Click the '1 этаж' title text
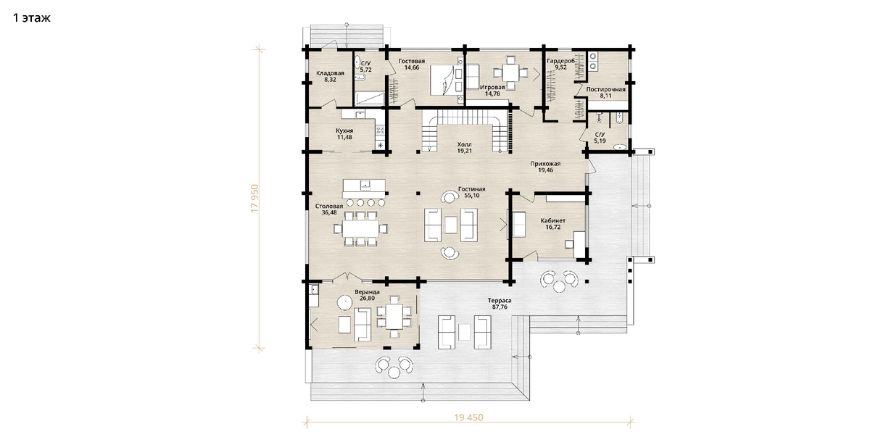click(x=32, y=18)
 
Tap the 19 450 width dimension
click(x=469, y=417)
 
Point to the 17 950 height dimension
click(x=254, y=199)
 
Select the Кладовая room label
click(x=330, y=73)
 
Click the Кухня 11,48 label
click(x=344, y=134)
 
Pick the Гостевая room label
click(x=412, y=61)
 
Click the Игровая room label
click(x=492, y=88)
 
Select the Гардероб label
click(x=560, y=61)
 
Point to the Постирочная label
click(x=606, y=89)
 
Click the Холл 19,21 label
click(x=465, y=148)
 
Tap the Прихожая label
click(x=546, y=164)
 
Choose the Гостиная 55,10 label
click(x=471, y=192)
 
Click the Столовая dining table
click(x=360, y=228)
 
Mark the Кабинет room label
click(x=553, y=220)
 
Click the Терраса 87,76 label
click(x=500, y=304)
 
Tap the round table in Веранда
click(x=344, y=303)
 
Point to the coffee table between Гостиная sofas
click(x=451, y=225)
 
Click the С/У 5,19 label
click(x=600, y=138)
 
